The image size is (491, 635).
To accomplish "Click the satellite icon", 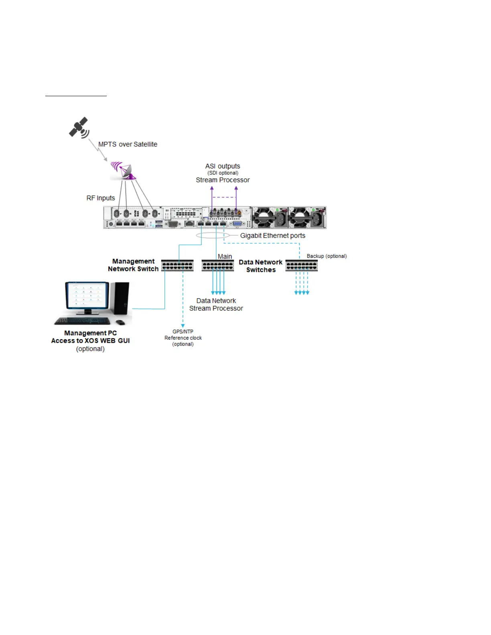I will (79, 127).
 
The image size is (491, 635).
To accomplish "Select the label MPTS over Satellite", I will (128, 144).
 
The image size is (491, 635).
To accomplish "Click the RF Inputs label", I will (101, 198).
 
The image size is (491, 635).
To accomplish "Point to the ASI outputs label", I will (223, 166).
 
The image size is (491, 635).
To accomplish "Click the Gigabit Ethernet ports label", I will (272, 236).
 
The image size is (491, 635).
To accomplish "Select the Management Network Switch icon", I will (177, 265).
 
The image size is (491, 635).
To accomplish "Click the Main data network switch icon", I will (217, 265).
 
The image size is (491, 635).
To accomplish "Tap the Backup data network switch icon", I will (301, 265).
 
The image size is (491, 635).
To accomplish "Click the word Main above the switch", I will (225, 257).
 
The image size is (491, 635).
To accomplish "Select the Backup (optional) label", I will (327, 256).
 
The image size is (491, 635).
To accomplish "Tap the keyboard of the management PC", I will (82, 321).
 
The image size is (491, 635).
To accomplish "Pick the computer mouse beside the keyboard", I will (120, 322).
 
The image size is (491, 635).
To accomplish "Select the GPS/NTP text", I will (183, 332).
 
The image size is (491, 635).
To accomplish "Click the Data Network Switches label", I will (261, 266).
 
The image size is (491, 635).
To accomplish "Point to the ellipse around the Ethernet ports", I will (213, 235).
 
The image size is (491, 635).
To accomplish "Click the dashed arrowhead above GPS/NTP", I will (183, 326).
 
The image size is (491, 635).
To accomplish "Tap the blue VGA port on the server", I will (237, 224).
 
